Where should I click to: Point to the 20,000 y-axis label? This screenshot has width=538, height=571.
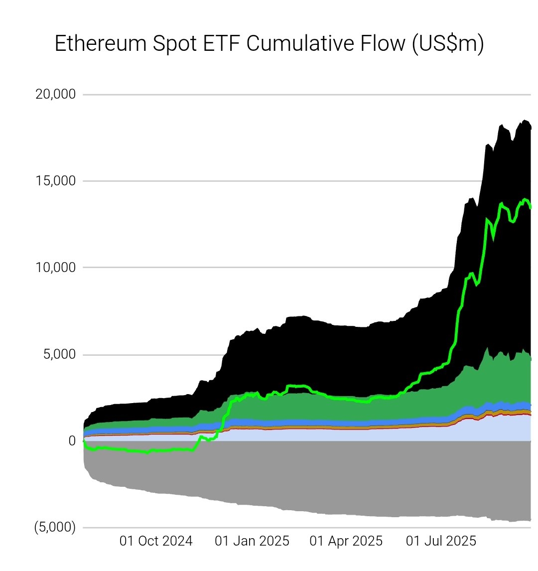point(55,94)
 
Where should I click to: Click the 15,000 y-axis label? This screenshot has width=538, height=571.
point(56,180)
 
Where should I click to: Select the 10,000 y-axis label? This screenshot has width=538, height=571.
point(56,267)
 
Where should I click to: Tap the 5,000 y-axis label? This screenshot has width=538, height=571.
point(59,354)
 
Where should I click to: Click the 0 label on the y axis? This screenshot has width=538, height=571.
point(72,441)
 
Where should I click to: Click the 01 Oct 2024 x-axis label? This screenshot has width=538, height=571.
point(156,541)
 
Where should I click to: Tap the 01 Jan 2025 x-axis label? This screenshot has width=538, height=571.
point(252,541)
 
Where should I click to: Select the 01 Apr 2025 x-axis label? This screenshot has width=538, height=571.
point(346,541)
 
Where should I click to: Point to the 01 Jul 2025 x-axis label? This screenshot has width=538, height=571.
point(441,541)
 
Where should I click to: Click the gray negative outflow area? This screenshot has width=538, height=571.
point(299,478)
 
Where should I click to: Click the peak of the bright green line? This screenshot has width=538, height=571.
point(525,199)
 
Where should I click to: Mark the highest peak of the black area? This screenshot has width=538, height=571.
point(525,120)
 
